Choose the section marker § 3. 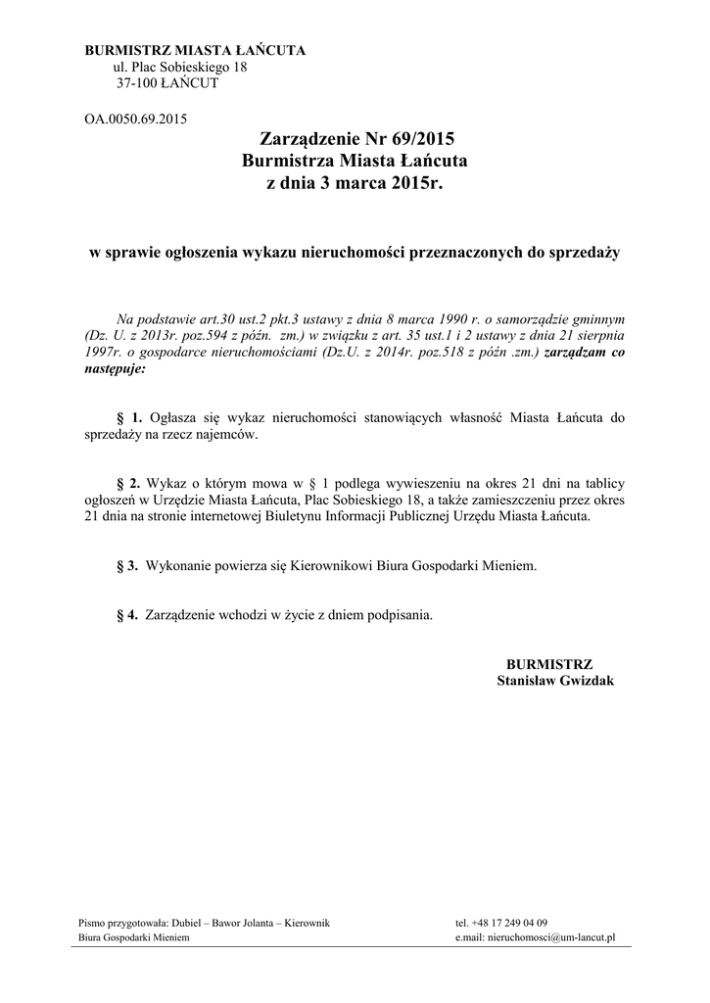pos(126,565)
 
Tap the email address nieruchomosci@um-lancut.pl pos(550,937)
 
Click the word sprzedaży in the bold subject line pos(582,252)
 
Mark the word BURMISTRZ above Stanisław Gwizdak pos(549,663)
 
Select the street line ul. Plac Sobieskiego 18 pos(181,67)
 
